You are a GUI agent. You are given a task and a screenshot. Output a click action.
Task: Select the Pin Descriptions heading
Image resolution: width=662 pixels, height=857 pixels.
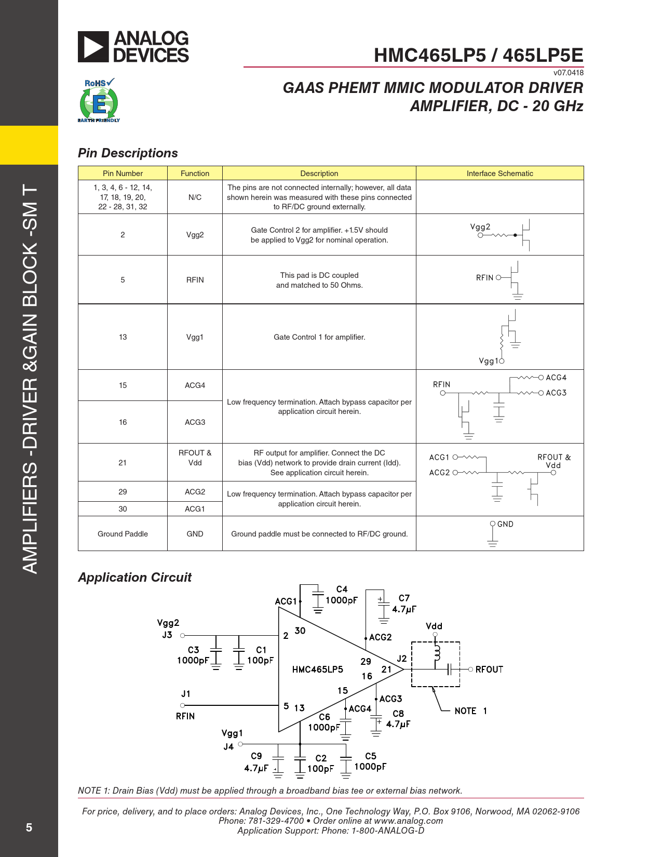click(x=128, y=153)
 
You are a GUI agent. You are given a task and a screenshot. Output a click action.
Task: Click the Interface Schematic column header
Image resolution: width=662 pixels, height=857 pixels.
click(x=499, y=173)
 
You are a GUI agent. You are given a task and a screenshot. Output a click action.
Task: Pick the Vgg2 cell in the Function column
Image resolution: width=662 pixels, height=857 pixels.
click(x=195, y=235)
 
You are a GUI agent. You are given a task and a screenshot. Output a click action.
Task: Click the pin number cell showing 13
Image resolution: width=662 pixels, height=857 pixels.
click(x=123, y=337)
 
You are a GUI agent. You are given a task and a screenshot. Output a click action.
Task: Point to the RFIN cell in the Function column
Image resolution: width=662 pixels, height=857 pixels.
click(x=195, y=280)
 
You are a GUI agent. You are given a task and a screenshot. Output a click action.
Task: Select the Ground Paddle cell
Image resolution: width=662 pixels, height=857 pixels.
click(x=123, y=534)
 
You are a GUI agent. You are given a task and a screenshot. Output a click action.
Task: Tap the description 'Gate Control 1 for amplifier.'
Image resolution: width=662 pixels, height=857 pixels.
click(x=319, y=337)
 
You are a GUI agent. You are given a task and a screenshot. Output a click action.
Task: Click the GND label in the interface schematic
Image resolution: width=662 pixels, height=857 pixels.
click(x=505, y=524)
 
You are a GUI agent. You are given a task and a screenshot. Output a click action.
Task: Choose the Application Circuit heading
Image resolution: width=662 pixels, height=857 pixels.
click(x=134, y=578)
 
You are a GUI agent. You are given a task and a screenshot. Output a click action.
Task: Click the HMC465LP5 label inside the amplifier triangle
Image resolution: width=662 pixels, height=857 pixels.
click(x=317, y=669)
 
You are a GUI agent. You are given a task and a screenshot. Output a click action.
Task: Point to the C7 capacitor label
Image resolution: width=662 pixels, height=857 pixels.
click(x=404, y=598)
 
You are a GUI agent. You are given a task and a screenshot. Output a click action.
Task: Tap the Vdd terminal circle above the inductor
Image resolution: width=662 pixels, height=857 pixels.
click(x=435, y=635)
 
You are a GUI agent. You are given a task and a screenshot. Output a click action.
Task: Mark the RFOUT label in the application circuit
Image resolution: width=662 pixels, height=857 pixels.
click(x=489, y=669)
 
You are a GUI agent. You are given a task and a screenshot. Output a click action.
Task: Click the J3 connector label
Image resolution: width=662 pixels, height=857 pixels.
click(x=167, y=635)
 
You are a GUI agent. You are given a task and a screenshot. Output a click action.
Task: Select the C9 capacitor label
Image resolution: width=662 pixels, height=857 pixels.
click(x=256, y=756)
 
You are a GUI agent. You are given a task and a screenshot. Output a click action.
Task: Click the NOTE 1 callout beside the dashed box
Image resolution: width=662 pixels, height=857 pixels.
click(x=470, y=711)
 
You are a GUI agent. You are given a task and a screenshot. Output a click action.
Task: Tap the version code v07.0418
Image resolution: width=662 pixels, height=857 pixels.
click(x=568, y=73)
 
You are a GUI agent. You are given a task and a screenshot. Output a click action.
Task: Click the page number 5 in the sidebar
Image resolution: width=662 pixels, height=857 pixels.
click(x=29, y=827)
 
